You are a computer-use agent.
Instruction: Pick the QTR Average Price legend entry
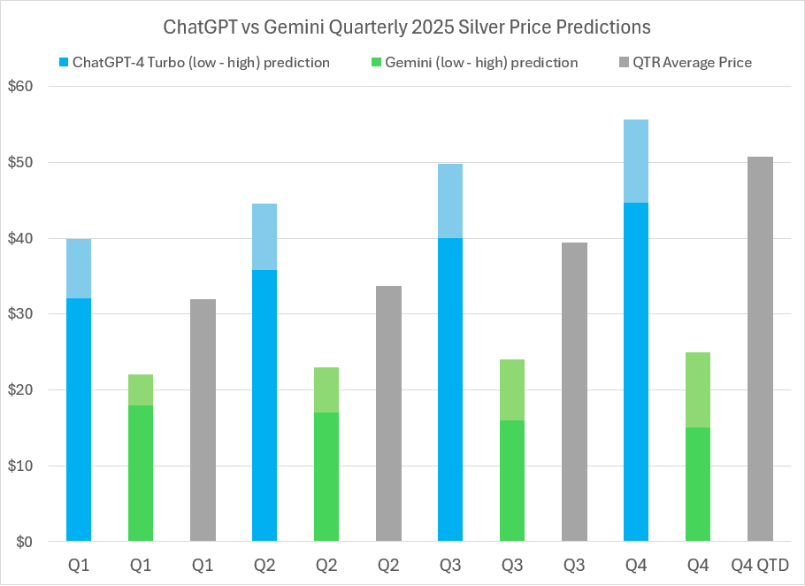685,63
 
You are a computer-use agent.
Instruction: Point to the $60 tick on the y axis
33,87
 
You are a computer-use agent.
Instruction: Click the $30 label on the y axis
33,314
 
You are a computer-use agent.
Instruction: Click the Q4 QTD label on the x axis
760,565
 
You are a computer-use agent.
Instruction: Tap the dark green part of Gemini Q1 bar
141,474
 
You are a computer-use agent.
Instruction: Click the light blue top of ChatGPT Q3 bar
450,201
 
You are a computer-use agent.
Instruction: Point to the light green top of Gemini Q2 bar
326,389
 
